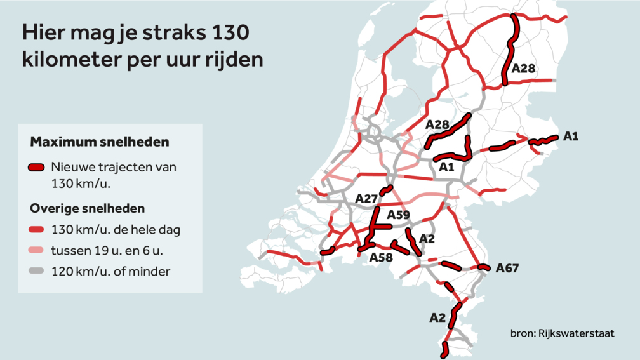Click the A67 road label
pyautogui.click(x=507, y=268)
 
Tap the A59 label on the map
pyautogui.click(x=399, y=215)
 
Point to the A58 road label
pyautogui.click(x=382, y=257)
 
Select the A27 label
pyautogui.click(x=366, y=199)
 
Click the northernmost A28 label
pyautogui.click(x=524, y=69)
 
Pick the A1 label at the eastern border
pyautogui.click(x=570, y=136)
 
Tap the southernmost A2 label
pyautogui.click(x=437, y=317)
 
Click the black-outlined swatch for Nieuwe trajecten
pyautogui.click(x=36, y=168)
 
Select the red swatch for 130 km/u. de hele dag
pyautogui.click(x=36, y=230)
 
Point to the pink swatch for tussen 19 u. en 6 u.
pyautogui.click(x=36, y=251)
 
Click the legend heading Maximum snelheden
pyautogui.click(x=100, y=141)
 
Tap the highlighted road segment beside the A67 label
pyautogui.click(x=483, y=267)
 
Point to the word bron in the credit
pyautogui.click(x=521, y=333)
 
